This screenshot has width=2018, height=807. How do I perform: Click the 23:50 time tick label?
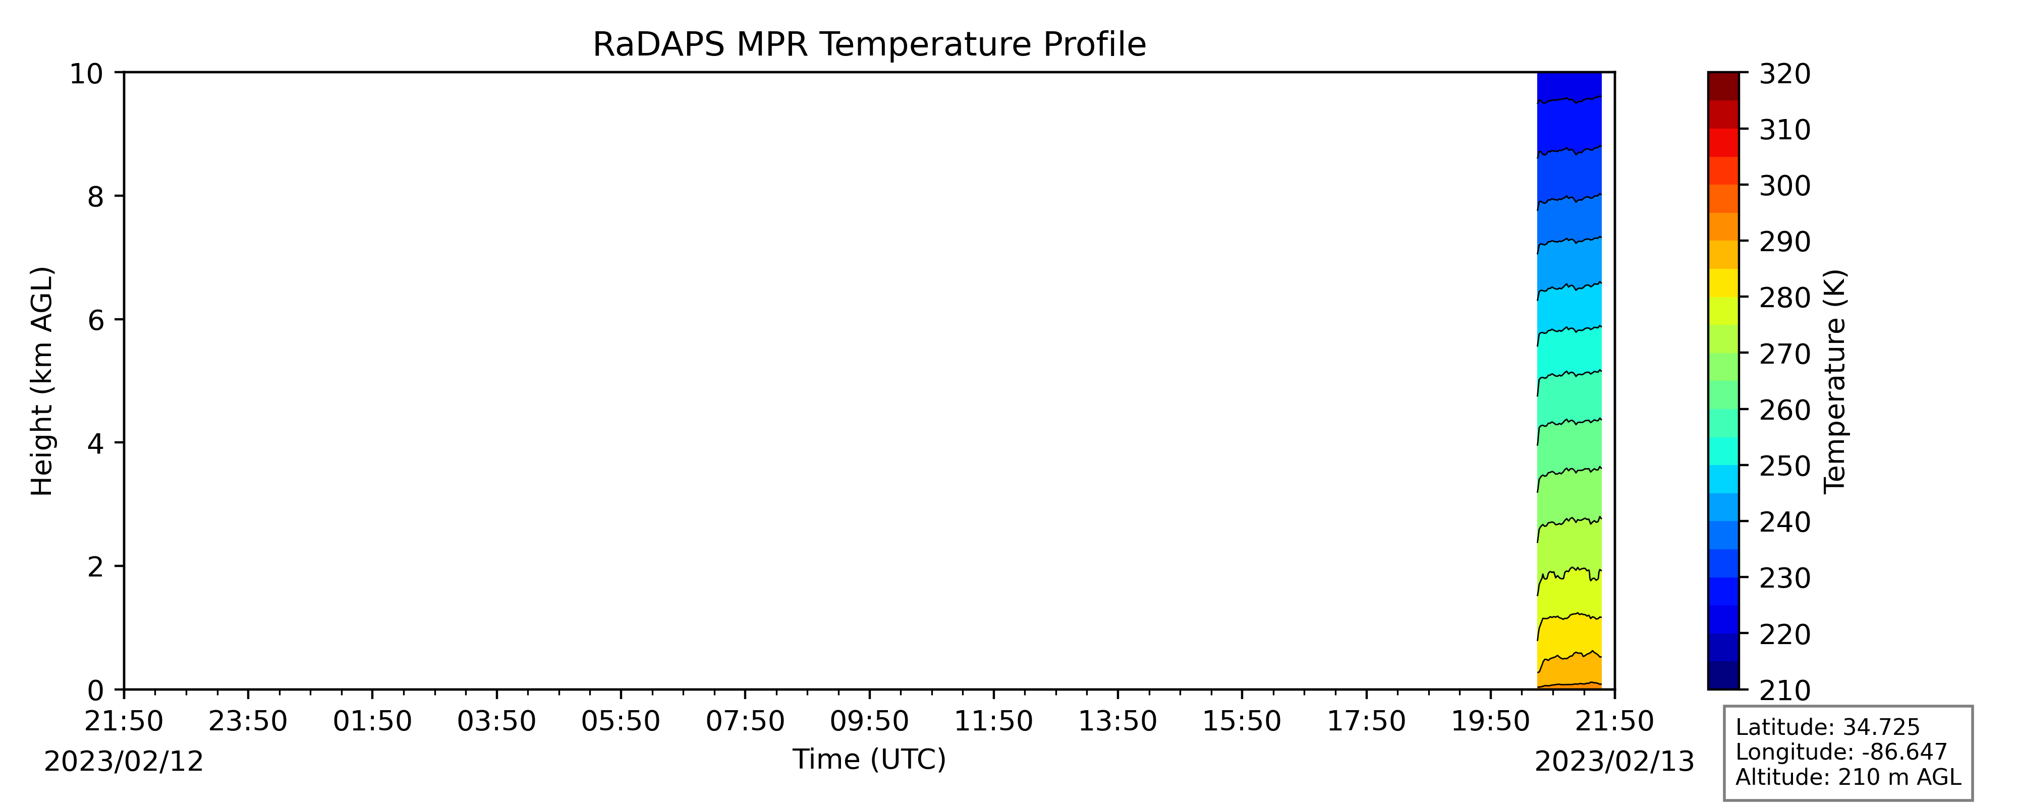(x=248, y=721)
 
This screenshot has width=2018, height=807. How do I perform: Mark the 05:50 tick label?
(x=621, y=721)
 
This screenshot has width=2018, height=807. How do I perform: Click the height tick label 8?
(x=95, y=197)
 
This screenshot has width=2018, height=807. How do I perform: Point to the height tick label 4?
(x=95, y=443)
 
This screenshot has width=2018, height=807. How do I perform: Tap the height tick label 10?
(x=87, y=74)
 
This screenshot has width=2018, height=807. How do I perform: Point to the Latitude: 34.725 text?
(x=1828, y=727)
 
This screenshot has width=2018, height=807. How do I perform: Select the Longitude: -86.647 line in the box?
(x=1841, y=752)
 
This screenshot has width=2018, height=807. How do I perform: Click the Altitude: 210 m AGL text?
(x=1848, y=777)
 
